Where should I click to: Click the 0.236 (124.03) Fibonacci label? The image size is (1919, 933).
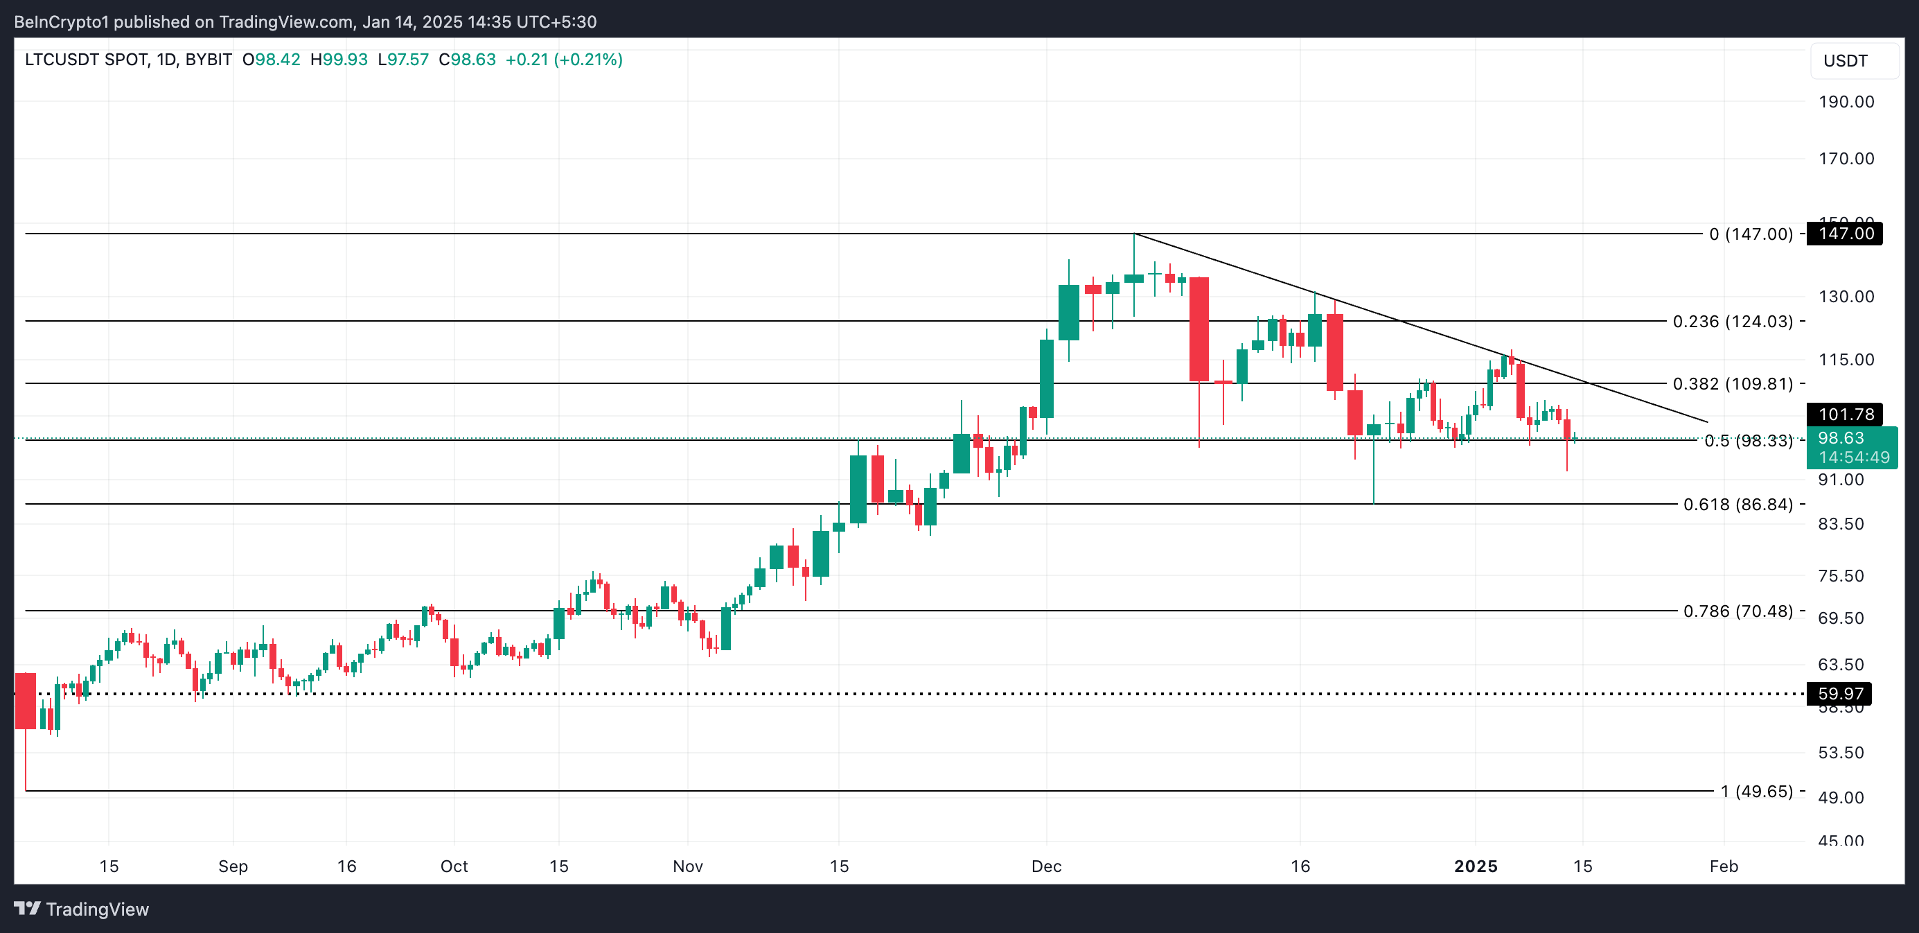coord(1732,321)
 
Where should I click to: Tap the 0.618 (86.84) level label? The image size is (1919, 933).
coord(1737,505)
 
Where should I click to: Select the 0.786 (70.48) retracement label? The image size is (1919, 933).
coord(1737,611)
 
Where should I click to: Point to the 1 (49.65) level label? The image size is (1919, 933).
coord(1756,792)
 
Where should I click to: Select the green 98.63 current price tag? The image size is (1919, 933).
coord(1850,447)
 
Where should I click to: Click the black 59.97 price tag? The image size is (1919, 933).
coord(1839,694)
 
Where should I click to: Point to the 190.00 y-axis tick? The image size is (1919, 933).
coord(1846,101)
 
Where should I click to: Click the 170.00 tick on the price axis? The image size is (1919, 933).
coord(1846,158)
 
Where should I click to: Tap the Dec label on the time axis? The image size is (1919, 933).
coord(1046,866)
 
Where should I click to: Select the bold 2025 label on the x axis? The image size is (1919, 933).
coord(1475,866)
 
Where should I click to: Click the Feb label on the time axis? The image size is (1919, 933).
coord(1723,866)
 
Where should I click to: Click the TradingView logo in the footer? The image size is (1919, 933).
coord(82,909)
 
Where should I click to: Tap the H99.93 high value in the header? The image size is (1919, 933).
coord(339,60)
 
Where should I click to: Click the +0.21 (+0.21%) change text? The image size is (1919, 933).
coord(563,60)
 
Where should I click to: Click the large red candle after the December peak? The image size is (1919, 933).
coord(1199,329)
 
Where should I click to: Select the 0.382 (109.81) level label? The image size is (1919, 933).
coord(1732,384)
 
